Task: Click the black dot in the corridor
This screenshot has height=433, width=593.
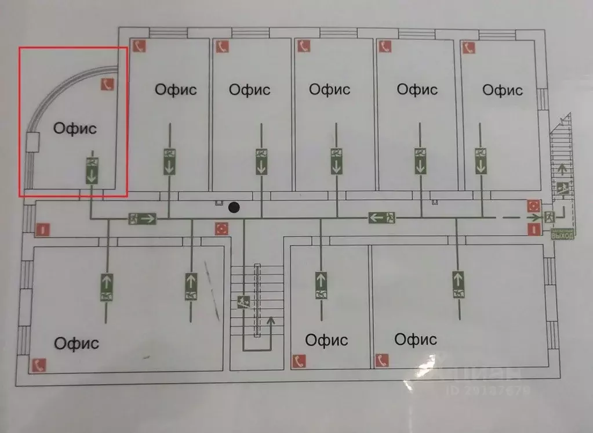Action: click(234, 207)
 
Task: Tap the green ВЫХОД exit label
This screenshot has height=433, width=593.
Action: click(562, 235)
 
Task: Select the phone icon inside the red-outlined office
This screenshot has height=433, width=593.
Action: click(107, 85)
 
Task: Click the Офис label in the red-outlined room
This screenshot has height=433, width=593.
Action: click(75, 128)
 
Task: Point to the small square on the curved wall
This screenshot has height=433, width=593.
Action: click(32, 142)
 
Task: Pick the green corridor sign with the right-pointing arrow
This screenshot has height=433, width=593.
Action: click(142, 219)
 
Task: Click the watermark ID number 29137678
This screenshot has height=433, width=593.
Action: click(488, 391)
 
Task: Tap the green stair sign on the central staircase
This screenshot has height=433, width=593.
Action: click(244, 302)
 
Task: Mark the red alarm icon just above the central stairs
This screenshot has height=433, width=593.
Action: click(221, 228)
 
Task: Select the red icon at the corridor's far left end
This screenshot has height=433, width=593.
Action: click(42, 230)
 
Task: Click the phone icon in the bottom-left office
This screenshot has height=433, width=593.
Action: click(39, 365)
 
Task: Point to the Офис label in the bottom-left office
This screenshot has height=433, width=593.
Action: click(77, 343)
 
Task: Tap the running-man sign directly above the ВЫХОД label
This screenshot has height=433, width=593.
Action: click(549, 218)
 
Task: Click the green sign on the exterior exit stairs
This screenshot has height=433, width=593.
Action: click(562, 188)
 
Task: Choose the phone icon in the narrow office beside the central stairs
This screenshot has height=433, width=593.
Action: click(299, 360)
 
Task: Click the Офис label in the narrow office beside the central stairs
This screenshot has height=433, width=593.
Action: click(326, 340)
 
